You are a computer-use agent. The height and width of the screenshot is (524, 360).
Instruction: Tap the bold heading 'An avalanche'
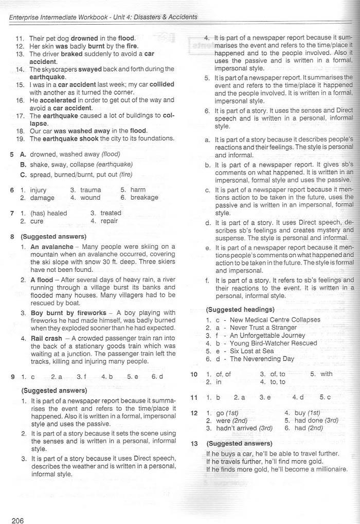point(52,247)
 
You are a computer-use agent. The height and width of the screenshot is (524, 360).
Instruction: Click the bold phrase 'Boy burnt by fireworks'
point(68,313)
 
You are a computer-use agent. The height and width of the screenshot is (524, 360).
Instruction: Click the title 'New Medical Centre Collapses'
point(275,320)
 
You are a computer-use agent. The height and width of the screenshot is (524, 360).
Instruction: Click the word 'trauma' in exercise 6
point(91,190)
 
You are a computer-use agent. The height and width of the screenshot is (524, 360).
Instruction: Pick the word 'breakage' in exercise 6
point(145,198)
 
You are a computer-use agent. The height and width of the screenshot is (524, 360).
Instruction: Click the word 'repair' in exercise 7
point(109,221)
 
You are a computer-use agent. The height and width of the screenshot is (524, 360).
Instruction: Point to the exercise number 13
point(194,443)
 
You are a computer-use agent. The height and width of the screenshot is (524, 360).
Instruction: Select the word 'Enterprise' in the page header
point(27,17)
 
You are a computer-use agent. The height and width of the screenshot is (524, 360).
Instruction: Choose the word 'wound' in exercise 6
point(91,198)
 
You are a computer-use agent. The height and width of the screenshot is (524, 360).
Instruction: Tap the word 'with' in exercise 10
point(327,374)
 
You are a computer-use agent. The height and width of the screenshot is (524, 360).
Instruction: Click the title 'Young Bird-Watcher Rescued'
point(275,343)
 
